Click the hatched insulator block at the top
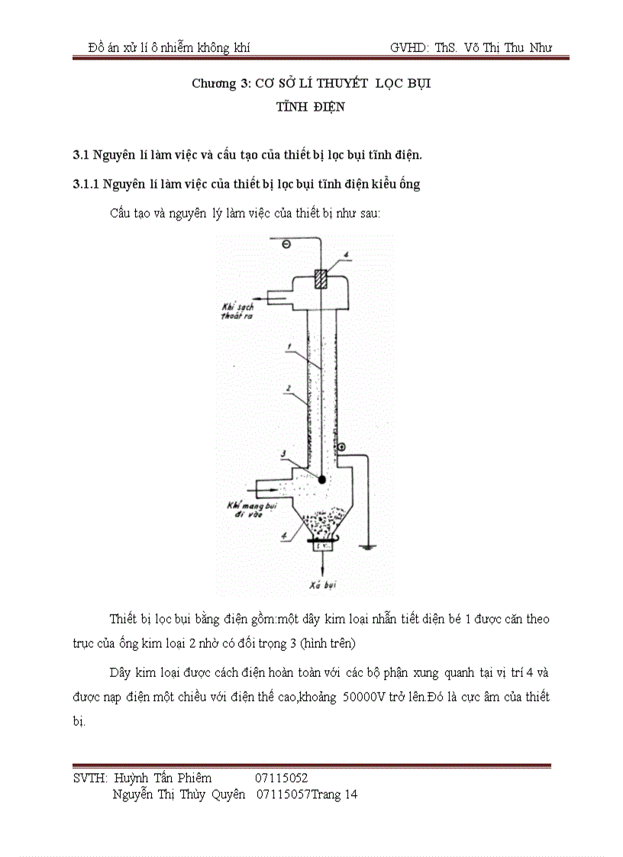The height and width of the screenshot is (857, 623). pyautogui.click(x=322, y=278)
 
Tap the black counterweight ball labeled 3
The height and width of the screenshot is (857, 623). pyautogui.click(x=322, y=479)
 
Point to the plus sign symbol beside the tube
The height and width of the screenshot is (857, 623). pyautogui.click(x=341, y=446)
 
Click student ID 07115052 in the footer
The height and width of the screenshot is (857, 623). pyautogui.click(x=282, y=778)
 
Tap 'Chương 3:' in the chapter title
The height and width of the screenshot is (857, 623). pyautogui.click(x=215, y=83)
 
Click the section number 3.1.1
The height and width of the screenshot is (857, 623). pyautogui.click(x=85, y=184)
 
